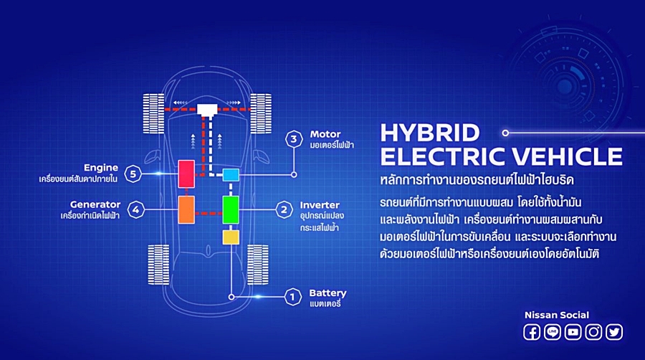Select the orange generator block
pos(186,209)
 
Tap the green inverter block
pos(231,209)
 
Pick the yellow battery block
pos(231,237)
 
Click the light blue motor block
pos(231,174)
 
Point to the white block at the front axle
pos(208,110)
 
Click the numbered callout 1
pos(292,296)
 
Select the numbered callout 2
pos(285,209)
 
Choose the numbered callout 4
pos(135,209)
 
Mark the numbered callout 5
pos(132,173)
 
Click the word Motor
pos(325,134)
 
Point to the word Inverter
pos(320,205)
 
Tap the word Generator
pos(95,204)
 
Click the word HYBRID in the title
pos(429,133)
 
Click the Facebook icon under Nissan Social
pos(532,332)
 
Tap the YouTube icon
pos(573,332)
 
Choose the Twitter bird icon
pos(614,332)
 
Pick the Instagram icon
pos(593,332)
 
